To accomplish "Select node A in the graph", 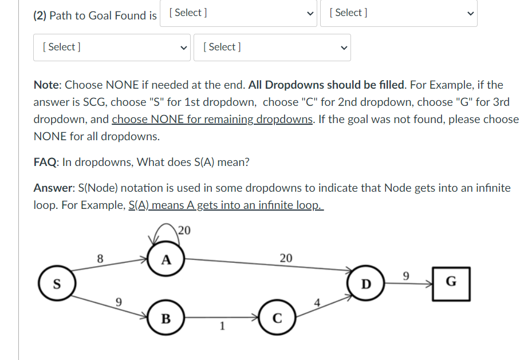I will pos(166,259).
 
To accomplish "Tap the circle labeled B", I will pos(166,318).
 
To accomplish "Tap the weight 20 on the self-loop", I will pos(183,231).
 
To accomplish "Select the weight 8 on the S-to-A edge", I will pos(100,258).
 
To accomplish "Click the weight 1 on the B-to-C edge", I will pos(222,327).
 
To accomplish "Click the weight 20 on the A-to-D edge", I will pos(286,258).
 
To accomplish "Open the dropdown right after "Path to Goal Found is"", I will pos(239,13).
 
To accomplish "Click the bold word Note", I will pos(47,85).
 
